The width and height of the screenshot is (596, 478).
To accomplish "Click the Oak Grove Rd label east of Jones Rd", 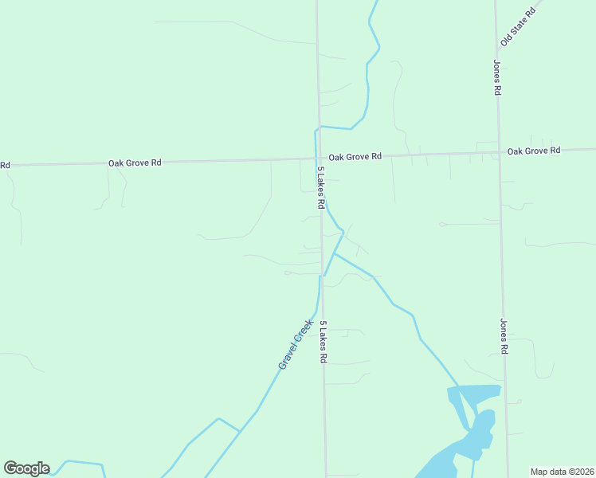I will (534, 151).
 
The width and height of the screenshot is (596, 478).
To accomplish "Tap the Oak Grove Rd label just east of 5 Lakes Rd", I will (355, 157).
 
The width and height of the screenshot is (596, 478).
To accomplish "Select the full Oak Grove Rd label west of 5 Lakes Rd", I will (135, 163).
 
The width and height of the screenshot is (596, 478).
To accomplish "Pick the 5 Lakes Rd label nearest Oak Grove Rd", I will (320, 188).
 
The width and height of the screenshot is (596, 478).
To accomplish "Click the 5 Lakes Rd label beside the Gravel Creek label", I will (323, 343).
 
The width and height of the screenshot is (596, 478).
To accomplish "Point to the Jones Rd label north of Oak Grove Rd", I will (496, 78).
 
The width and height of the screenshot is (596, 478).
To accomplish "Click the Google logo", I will (26, 468).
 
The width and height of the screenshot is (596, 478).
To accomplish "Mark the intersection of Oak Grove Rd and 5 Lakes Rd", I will (319, 159).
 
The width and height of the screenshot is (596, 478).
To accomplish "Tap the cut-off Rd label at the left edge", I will (4, 166).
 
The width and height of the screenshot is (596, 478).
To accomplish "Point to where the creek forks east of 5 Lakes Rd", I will (335, 253).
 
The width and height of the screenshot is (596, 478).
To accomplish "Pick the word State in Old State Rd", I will (522, 22).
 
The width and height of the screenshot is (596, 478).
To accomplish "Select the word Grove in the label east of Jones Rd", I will (536, 151).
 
